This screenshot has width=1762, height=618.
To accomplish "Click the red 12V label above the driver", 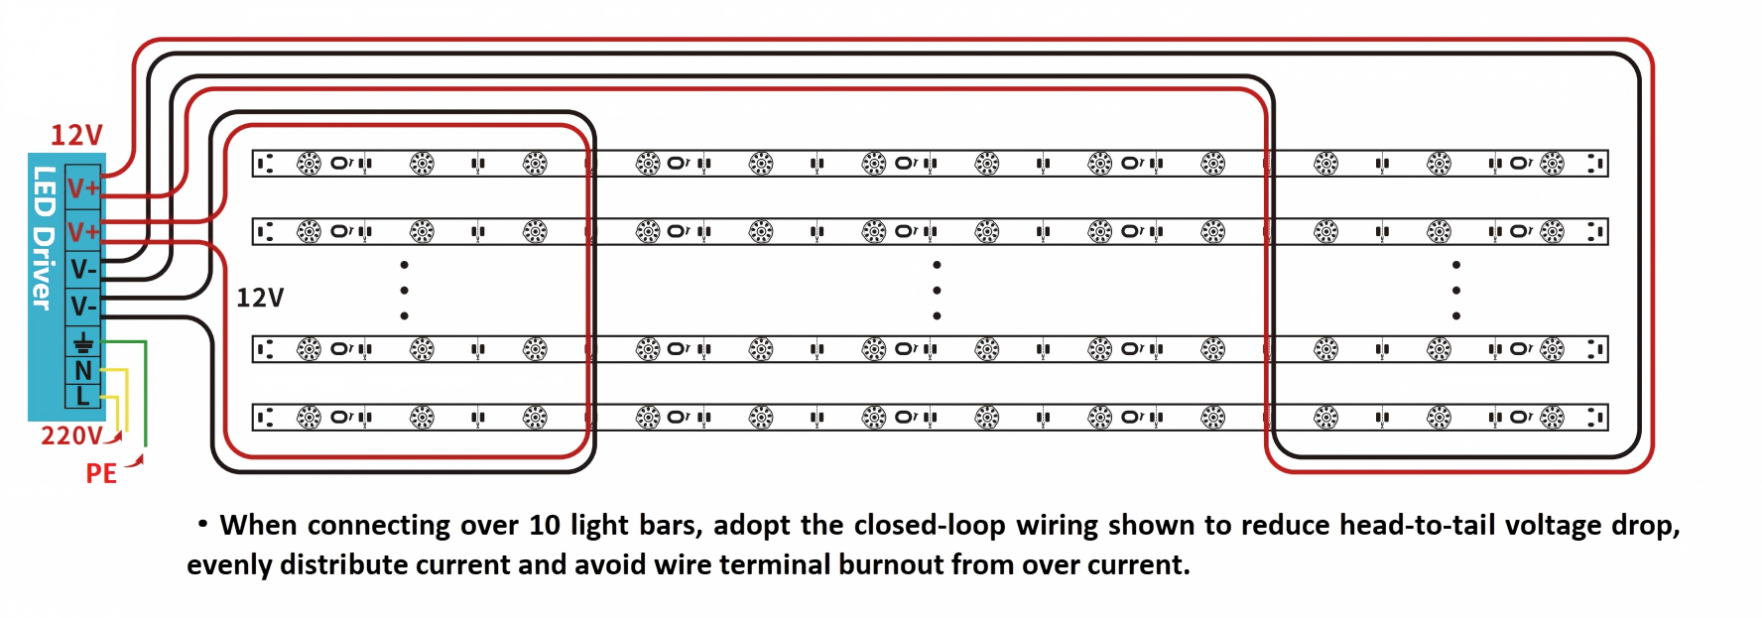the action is [x=76, y=135].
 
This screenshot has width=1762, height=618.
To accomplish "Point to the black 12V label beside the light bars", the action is [x=260, y=298].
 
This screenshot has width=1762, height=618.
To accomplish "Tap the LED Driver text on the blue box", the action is [x=44, y=238].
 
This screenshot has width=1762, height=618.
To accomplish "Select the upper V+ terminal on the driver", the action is [x=83, y=187].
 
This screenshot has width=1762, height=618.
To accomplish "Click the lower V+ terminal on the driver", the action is [x=83, y=231].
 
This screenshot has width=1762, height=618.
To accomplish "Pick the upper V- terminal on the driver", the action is [x=83, y=269].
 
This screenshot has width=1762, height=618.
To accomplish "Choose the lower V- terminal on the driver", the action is [x=83, y=306].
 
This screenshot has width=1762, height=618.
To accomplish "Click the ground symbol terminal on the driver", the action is [x=83, y=343].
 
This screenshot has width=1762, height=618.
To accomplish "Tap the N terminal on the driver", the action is [x=83, y=370].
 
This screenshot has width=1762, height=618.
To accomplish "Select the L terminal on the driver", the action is [x=83, y=395].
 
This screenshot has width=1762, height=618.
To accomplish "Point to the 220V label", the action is [x=71, y=436].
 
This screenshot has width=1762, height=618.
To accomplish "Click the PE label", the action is [x=101, y=473].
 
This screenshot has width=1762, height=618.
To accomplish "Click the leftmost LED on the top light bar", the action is [x=310, y=164].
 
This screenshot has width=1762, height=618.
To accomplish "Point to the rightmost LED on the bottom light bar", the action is [x=1552, y=418].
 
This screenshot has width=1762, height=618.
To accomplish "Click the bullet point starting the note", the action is [x=202, y=523].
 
